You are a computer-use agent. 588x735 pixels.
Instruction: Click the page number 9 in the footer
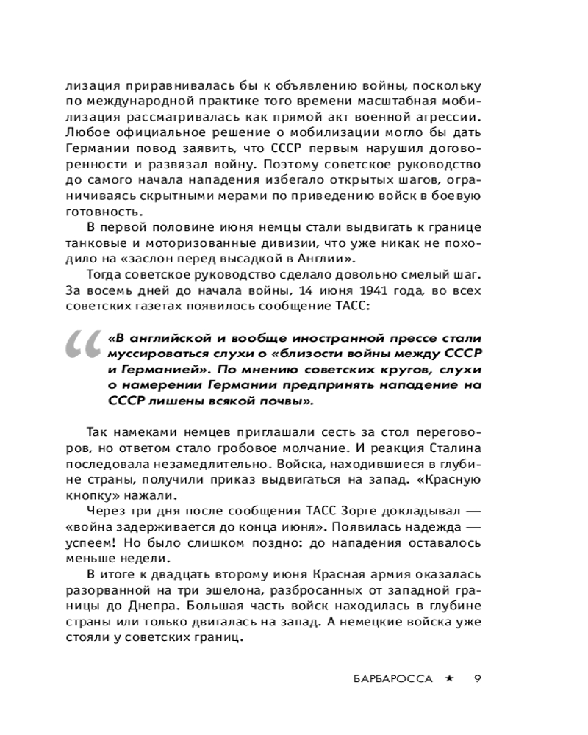478,678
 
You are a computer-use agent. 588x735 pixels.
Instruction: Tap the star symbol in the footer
448,678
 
